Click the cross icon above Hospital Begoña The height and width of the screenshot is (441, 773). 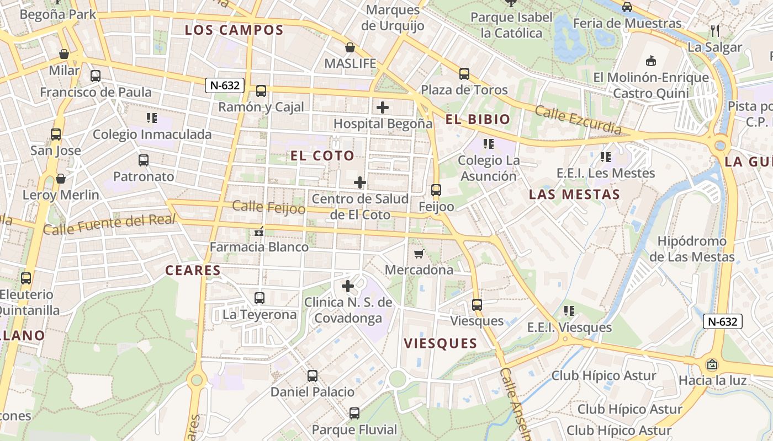pos(382,107)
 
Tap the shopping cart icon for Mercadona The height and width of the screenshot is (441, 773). pos(419,254)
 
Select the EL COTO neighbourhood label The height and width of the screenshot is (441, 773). pos(322,156)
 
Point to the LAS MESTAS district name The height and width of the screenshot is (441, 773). pos(574,195)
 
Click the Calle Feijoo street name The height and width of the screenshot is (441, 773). pos(268,207)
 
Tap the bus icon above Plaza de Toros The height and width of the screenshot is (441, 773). pos(464,73)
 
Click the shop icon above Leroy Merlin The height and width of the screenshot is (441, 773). pos(61,179)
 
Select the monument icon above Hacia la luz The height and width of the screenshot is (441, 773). pos(712,364)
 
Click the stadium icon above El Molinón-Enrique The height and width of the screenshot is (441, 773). pos(651,61)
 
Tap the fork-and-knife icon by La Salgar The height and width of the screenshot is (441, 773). pos(715,30)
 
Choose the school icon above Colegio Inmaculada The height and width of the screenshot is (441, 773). pos(152,117)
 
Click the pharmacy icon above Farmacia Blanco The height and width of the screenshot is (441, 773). pos(259,231)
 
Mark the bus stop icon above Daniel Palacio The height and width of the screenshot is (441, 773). pos(313,376)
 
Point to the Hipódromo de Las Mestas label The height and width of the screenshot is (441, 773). pos(692,249)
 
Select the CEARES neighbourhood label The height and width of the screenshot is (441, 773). pos(193,271)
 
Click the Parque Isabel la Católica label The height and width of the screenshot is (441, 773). pos(511,25)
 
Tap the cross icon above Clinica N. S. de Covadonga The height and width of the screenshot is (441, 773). pos(348,286)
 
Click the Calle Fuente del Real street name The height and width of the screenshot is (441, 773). pos(109,224)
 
